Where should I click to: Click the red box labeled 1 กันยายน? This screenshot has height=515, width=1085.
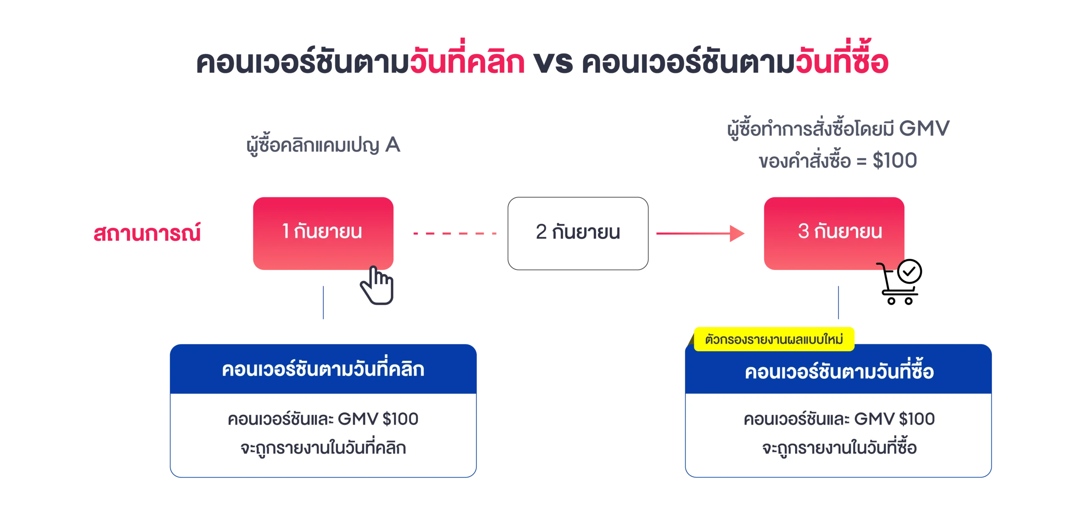point(323,233)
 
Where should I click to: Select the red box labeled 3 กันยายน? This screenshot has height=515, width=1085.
point(834,233)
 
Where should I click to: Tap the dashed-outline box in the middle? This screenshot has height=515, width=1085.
point(578,233)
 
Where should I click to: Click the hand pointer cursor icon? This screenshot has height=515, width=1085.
point(377,285)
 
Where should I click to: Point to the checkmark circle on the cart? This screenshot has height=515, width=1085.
point(909,271)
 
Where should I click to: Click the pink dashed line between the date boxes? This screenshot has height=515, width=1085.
point(454,234)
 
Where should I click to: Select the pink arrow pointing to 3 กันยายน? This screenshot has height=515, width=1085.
point(699,233)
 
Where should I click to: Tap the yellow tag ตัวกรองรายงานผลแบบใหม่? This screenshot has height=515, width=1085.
point(773,339)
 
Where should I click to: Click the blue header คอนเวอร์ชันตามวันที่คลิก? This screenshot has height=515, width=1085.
point(323,369)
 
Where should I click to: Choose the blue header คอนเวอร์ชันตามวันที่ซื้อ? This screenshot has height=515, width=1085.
point(839,372)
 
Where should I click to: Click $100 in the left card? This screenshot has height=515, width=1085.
point(400,419)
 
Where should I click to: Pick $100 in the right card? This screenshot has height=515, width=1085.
point(916,419)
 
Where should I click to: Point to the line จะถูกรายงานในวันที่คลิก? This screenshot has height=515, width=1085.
point(323,448)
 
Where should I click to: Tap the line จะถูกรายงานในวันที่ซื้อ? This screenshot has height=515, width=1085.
point(839,448)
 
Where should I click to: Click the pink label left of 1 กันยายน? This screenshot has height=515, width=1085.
point(147,233)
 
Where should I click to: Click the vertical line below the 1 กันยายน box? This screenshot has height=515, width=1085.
point(324,303)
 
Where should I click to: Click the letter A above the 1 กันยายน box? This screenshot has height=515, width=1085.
point(393,146)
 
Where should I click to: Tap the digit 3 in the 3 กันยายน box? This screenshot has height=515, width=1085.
point(803,232)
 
